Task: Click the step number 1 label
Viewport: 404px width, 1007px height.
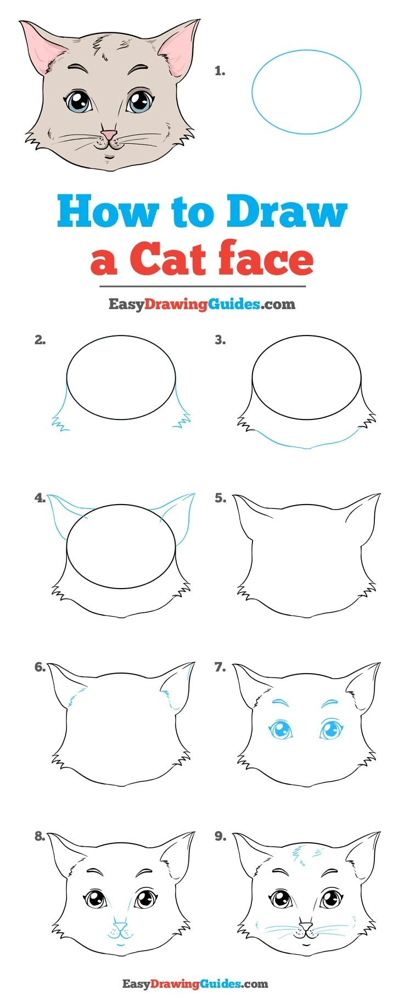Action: click(220, 71)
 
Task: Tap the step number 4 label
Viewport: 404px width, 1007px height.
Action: click(40, 498)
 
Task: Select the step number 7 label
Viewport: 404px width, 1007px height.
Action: click(220, 667)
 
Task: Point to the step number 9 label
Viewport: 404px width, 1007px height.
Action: click(220, 836)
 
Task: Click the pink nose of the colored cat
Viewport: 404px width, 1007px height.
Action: click(110, 135)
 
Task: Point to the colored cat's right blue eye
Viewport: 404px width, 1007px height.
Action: click(139, 102)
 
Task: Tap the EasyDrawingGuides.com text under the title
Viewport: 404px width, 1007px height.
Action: click(201, 304)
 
